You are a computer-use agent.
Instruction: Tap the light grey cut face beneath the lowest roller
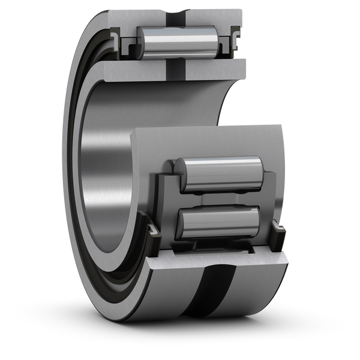pyautogui.click(x=216, y=258)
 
